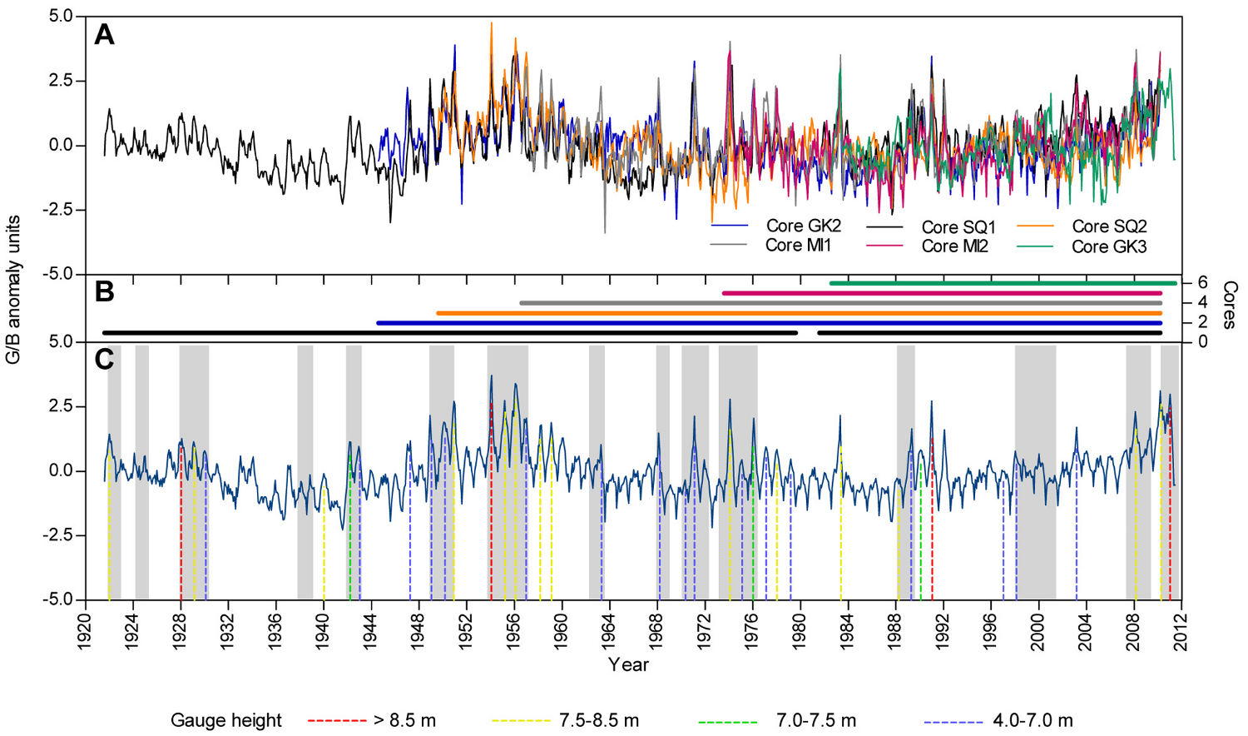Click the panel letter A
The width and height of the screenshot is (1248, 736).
tap(104, 35)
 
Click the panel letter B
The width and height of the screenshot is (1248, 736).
tap(104, 291)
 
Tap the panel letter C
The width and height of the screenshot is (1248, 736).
tap(104, 360)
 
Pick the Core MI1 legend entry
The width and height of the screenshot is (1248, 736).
tap(797, 246)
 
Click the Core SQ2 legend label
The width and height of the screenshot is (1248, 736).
tap(1109, 226)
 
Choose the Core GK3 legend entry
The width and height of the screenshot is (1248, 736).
tap(1109, 246)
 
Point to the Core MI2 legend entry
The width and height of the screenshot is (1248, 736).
tap(954, 246)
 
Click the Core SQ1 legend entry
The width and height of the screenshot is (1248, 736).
tap(958, 227)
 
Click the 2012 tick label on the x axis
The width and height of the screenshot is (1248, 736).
tap(1181, 630)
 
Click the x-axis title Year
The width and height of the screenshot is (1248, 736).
tap(628, 664)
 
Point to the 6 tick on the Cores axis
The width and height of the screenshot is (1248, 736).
tap(1201, 283)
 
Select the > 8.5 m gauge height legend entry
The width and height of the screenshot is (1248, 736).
tap(404, 721)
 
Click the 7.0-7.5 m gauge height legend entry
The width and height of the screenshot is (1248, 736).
tap(815, 721)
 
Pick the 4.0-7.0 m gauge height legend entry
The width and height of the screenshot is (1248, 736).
tap(1033, 721)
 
